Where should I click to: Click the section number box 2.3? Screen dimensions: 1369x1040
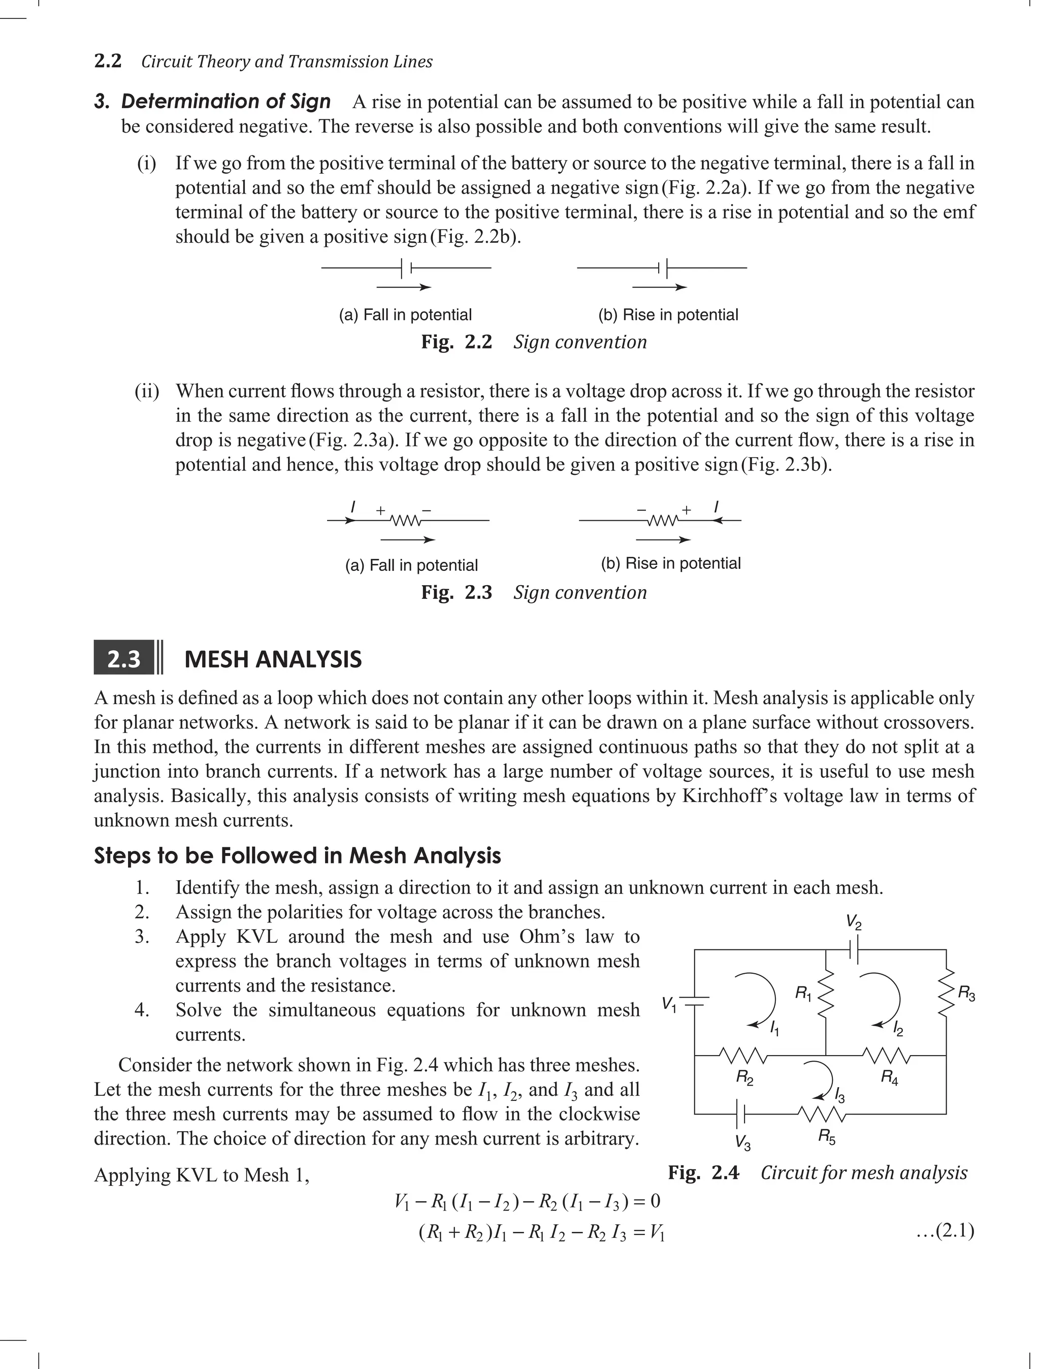(124, 659)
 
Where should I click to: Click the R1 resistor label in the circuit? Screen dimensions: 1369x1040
(803, 995)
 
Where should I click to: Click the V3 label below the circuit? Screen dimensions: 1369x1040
(743, 1142)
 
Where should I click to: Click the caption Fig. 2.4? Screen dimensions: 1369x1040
(703, 1172)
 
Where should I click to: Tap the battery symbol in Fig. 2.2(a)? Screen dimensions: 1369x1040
(407, 268)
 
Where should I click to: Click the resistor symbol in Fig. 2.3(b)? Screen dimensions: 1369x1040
(662, 521)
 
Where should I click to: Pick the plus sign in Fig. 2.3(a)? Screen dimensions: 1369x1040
(380, 510)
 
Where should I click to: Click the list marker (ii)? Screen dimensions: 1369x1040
(147, 391)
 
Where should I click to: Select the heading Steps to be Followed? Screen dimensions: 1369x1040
(297, 856)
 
